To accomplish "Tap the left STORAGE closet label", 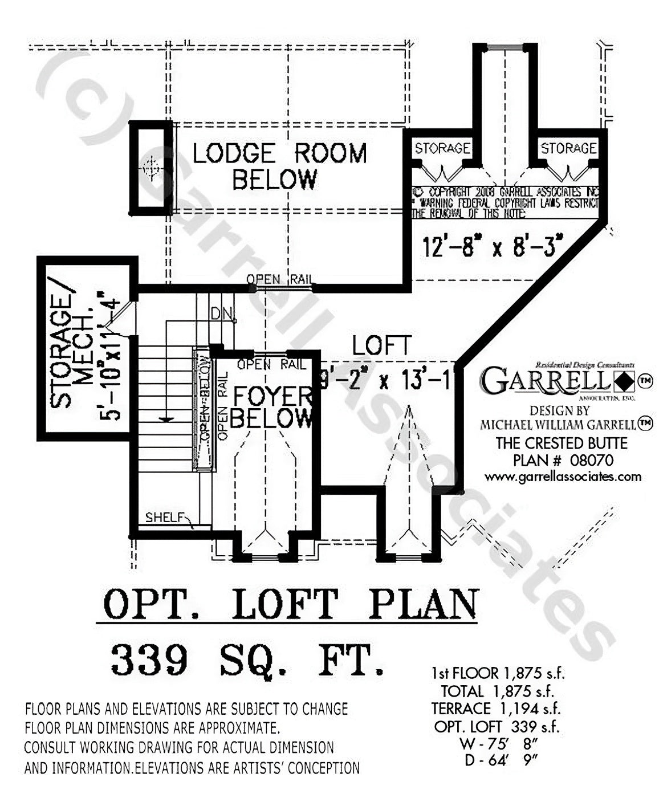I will (x=442, y=149).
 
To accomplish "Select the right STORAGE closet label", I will (x=568, y=149).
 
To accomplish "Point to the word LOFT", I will (x=381, y=346).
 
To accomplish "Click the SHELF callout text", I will (x=166, y=518).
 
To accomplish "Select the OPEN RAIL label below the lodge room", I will (x=279, y=279).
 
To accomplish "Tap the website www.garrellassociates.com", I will (x=563, y=477).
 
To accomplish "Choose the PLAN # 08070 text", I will (x=563, y=459).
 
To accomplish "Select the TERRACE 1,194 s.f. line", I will (x=495, y=709).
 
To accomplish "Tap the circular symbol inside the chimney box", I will (x=151, y=169).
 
